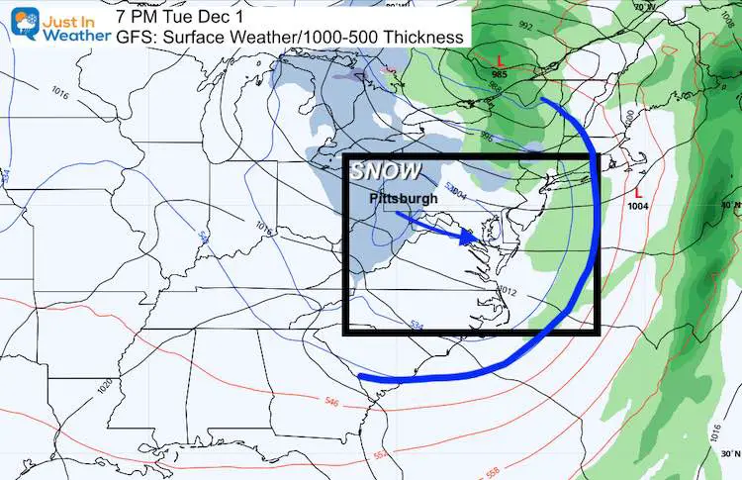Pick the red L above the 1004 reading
[639, 191]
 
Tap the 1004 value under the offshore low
[639, 205]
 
